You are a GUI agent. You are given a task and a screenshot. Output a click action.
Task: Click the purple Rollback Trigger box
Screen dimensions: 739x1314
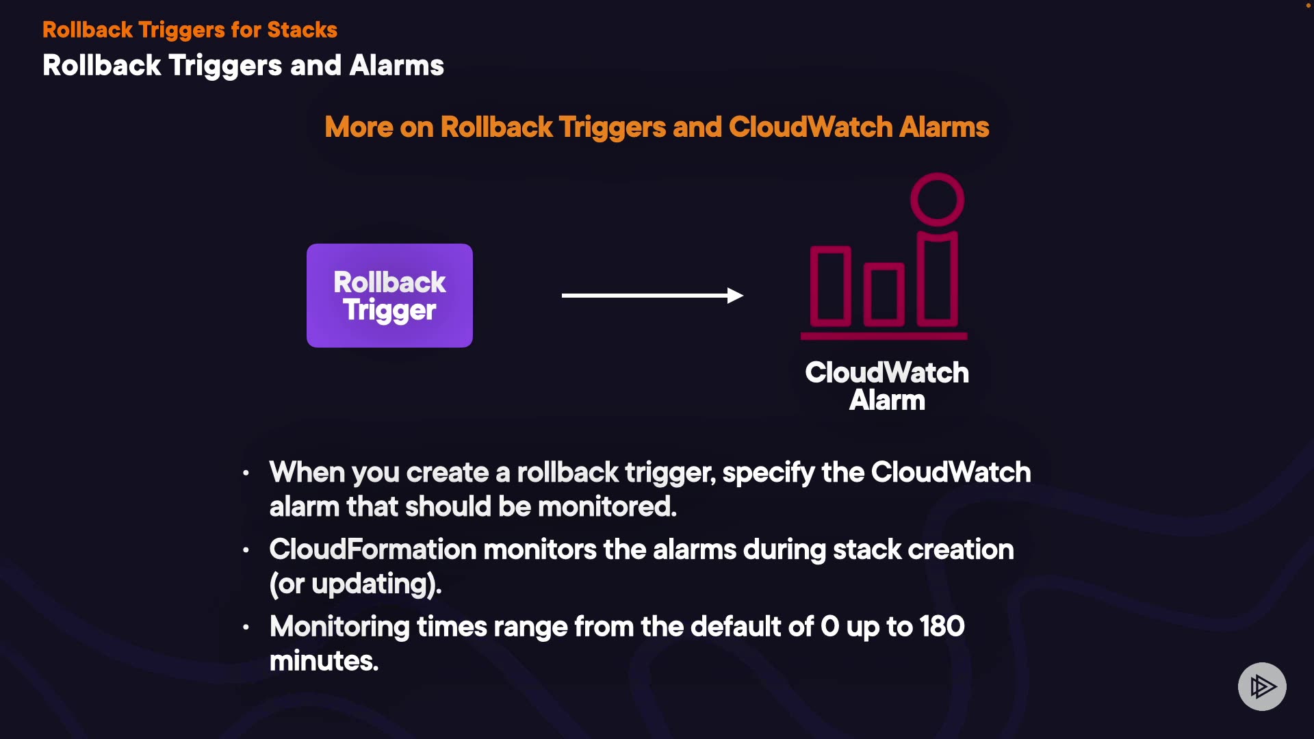389,296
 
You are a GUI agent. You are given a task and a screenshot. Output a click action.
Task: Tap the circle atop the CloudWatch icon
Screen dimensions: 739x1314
937,199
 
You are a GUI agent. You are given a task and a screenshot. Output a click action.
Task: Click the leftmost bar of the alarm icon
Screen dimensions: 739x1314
830,286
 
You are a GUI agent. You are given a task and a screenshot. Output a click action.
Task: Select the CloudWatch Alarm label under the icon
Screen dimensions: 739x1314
887,387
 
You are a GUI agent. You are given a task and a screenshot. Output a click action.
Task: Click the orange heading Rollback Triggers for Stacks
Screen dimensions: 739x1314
190,30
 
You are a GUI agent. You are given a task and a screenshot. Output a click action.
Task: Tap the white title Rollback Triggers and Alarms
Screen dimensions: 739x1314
243,66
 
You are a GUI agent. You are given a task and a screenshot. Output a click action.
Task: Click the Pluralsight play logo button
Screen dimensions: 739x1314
1262,686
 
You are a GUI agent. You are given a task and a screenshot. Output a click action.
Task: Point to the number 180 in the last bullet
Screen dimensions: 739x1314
942,627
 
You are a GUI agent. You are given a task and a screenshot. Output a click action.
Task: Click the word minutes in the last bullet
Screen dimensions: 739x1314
323,662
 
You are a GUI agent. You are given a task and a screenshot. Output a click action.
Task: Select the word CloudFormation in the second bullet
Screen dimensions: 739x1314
372,550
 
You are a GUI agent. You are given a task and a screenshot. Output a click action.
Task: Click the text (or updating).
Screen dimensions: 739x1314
355,584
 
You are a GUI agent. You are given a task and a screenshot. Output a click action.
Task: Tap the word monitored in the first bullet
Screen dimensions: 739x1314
606,507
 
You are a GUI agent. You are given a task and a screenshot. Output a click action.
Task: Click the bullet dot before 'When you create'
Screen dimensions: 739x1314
246,473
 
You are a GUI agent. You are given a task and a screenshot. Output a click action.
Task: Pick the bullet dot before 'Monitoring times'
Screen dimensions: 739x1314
246,627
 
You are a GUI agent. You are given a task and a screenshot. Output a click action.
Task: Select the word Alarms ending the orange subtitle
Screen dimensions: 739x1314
944,127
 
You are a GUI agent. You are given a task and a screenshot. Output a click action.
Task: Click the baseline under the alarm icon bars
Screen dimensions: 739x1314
884,336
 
